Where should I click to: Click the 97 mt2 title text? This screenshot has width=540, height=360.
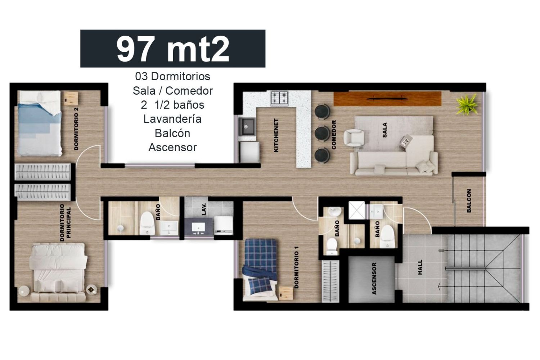[x=172, y=49]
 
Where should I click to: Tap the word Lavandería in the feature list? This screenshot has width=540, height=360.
[x=172, y=119]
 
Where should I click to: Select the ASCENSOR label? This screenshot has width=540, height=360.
[x=374, y=279]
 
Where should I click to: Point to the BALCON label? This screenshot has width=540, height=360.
[x=469, y=201]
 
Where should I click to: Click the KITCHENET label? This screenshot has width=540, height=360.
[x=276, y=135]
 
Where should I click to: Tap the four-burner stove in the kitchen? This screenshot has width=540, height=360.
[x=279, y=98]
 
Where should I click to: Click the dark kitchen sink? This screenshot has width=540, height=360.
[x=246, y=127]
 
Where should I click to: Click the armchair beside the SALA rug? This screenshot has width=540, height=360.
[x=354, y=137]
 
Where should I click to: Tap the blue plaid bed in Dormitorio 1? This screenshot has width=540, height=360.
[x=260, y=270]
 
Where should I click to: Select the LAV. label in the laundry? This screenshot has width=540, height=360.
[x=204, y=209]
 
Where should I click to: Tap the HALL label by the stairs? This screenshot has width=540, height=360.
[x=420, y=267]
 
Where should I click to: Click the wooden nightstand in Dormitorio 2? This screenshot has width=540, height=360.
[x=71, y=98]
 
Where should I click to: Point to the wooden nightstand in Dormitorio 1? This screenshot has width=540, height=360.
[x=286, y=293]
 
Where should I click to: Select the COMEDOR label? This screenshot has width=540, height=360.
[x=334, y=135]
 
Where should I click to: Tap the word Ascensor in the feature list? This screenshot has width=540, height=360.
[x=172, y=147]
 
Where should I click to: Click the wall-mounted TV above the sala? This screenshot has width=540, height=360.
[x=387, y=98]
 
